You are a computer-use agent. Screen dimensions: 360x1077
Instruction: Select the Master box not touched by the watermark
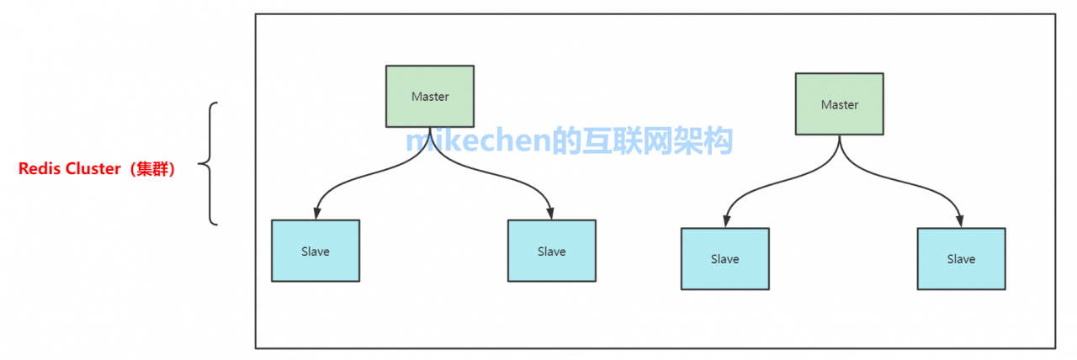click(839, 104)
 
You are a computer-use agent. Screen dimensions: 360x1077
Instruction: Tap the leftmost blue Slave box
click(316, 251)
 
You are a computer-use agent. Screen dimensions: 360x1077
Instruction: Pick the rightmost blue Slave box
click(961, 259)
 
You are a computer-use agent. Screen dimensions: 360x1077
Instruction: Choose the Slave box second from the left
click(551, 251)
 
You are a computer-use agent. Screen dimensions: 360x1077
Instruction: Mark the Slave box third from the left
click(724, 259)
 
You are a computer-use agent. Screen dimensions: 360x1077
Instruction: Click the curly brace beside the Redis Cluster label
click(210, 164)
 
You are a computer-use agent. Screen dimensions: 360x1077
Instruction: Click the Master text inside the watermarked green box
click(430, 97)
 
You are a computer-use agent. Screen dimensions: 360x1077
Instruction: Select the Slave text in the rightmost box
click(961, 259)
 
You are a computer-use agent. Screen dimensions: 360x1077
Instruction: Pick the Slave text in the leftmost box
click(316, 251)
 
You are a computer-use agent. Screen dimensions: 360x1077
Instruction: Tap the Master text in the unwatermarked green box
click(839, 105)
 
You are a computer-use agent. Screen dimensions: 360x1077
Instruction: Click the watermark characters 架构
click(707, 140)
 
